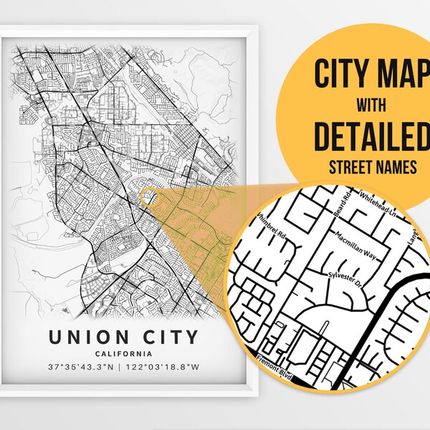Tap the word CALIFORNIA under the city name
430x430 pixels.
125,353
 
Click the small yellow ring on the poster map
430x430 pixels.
148,197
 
